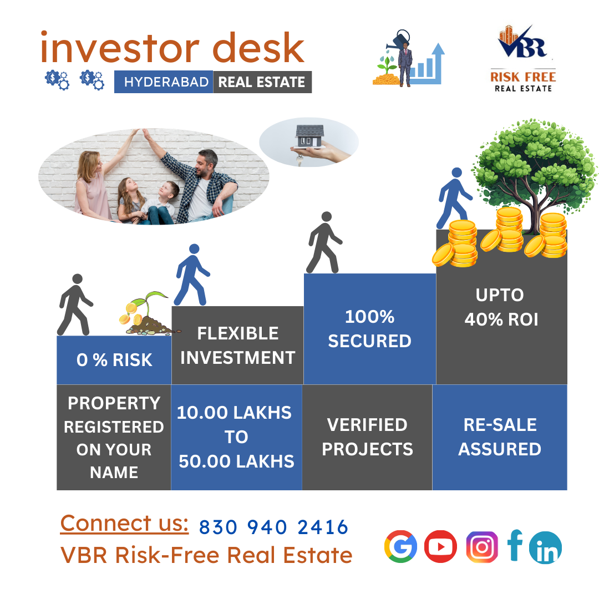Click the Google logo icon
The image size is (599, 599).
pyautogui.click(x=400, y=547)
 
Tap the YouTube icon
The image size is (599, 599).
pyautogui.click(x=440, y=547)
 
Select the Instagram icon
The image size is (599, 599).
pyautogui.click(x=481, y=547)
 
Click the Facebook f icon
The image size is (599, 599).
pyautogui.click(x=515, y=546)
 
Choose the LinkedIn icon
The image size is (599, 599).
pyautogui.click(x=545, y=548)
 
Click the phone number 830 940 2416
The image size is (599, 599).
pyautogui.click(x=273, y=527)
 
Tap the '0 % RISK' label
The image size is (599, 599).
pyautogui.click(x=114, y=360)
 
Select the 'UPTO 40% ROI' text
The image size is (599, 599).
pyautogui.click(x=501, y=307)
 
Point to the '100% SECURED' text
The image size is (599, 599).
pyautogui.click(x=369, y=328)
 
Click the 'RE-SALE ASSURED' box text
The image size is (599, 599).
pyautogui.click(x=500, y=436)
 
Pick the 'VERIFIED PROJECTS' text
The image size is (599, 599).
pyautogui.click(x=367, y=436)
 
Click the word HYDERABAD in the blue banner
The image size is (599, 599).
pyautogui.click(x=166, y=82)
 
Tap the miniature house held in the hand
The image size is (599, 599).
pyautogui.click(x=309, y=136)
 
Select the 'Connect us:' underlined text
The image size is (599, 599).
pyautogui.click(x=124, y=523)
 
